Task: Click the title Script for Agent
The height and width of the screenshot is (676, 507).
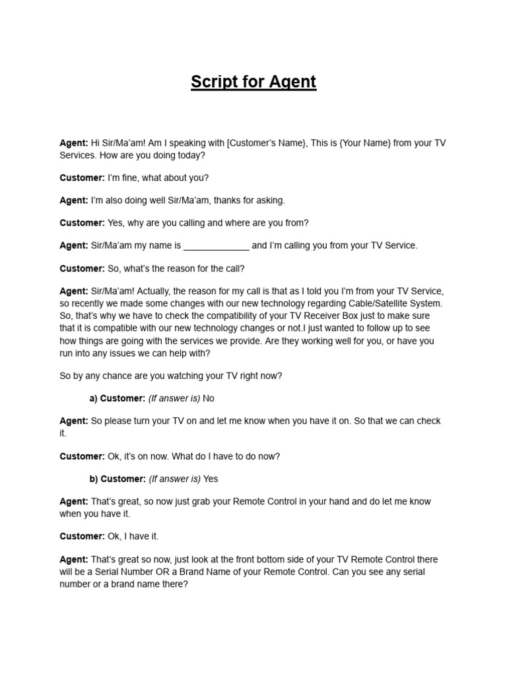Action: [253, 82]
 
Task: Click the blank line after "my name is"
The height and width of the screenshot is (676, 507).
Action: [216, 246]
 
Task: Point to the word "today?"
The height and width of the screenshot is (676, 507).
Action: [188, 155]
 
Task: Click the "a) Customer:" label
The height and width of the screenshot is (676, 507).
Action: [118, 398]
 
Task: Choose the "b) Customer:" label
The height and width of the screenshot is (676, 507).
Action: [118, 479]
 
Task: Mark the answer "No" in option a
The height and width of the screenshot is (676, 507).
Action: [209, 398]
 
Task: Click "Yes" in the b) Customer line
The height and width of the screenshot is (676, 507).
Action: [211, 479]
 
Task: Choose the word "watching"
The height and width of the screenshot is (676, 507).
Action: [199, 376]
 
